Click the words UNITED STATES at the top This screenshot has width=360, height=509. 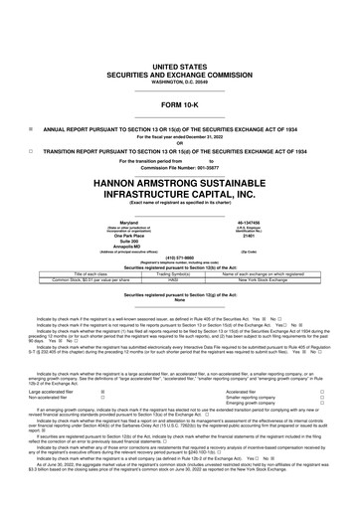179,37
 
